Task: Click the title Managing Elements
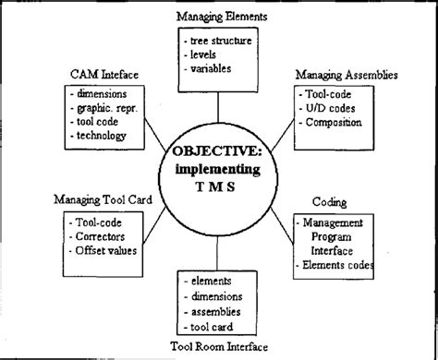[223, 16]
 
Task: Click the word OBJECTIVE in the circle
[220, 151]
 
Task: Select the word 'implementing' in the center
[220, 168]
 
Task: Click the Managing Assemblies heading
[347, 73]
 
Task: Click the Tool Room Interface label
[223, 346]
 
